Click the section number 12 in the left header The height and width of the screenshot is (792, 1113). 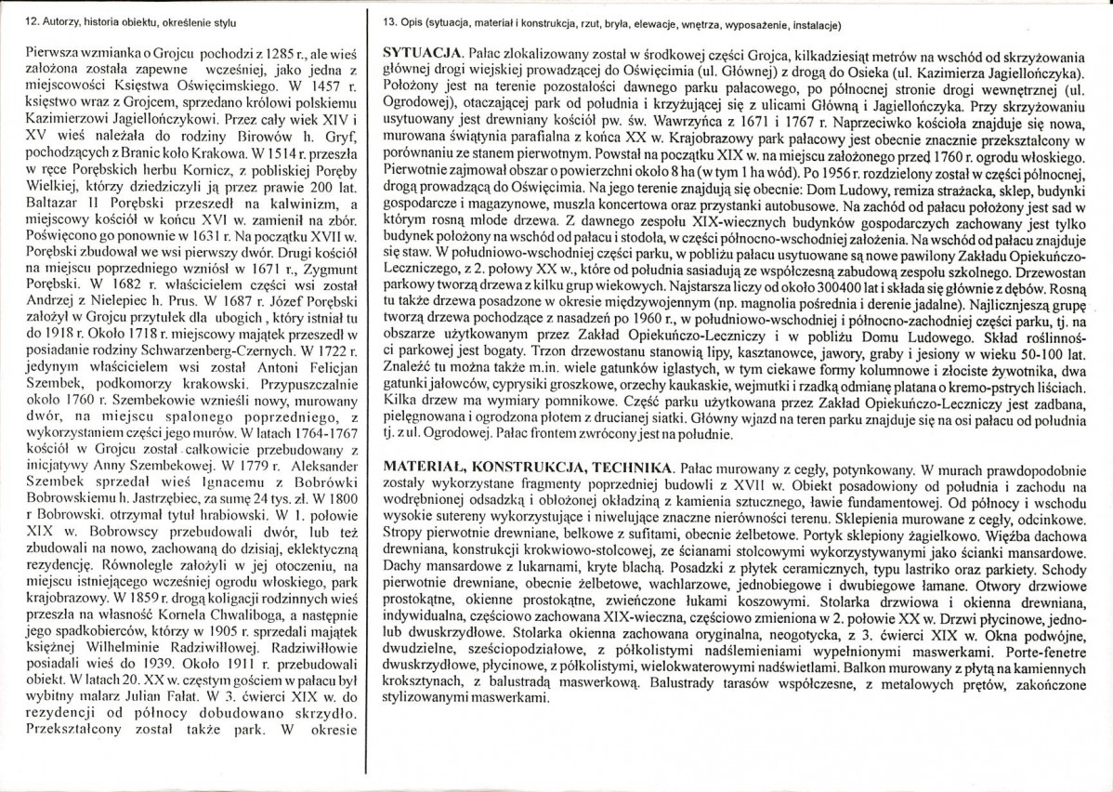[x=11, y=20]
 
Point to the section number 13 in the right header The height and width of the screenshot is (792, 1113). [x=388, y=20]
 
